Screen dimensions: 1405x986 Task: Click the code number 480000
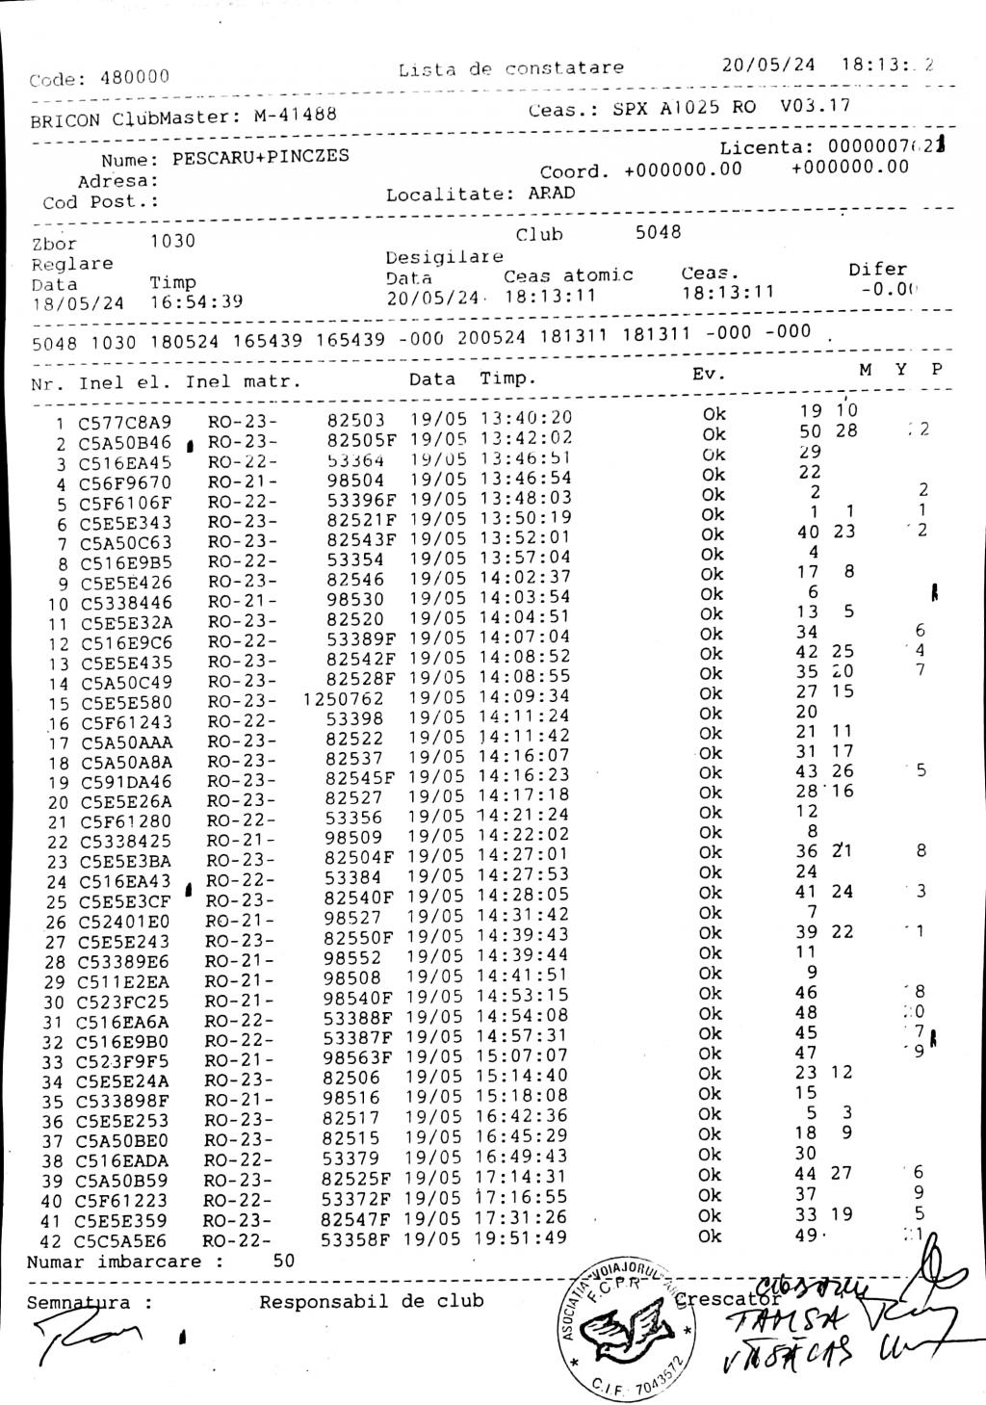[135, 78]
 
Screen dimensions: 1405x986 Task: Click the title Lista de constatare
[510, 68]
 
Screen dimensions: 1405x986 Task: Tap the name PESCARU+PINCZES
[261, 157]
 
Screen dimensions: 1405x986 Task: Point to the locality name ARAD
[552, 193]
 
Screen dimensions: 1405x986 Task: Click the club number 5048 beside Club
[658, 232]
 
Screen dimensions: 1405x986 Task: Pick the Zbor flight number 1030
[173, 241]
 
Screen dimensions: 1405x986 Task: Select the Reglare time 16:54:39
[196, 302]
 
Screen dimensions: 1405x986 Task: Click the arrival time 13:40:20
[526, 418]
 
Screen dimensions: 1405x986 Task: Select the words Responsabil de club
[372, 1302]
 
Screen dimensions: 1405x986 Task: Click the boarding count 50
[284, 1261]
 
